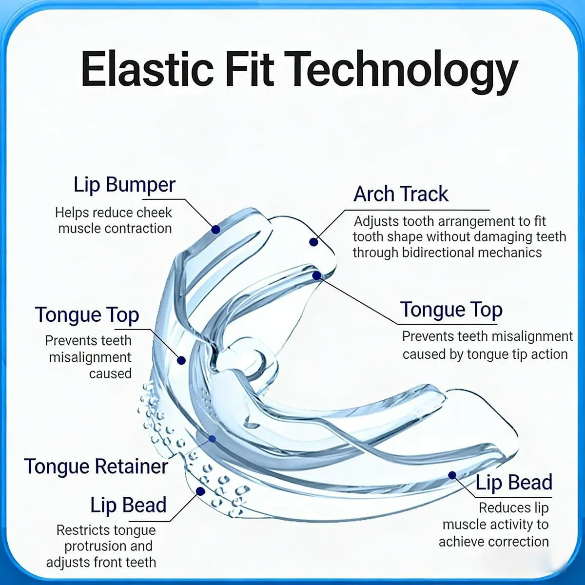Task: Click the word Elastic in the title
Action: pos(147,69)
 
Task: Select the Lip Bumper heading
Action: pos(124,185)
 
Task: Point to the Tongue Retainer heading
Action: pos(96,466)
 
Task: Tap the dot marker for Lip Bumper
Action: pos(215,230)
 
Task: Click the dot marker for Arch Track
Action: pos(313,242)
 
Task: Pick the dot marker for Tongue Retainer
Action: pos(212,439)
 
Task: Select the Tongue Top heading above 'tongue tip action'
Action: pos(451,310)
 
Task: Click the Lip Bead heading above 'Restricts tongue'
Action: pos(128,505)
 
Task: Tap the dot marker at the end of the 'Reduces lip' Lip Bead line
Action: pos(452,475)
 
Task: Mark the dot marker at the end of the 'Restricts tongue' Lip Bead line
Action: pos(200,491)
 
